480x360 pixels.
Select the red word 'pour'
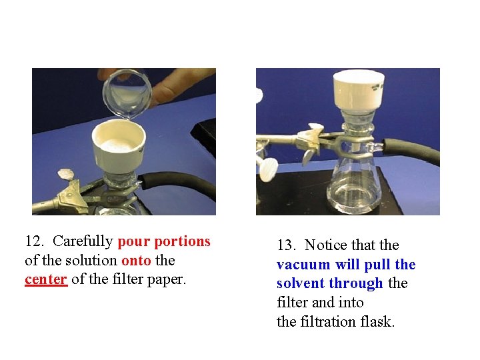[x=133, y=241]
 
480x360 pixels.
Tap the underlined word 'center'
[x=46, y=279]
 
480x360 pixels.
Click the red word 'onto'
[x=136, y=261]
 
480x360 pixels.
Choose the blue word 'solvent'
[x=301, y=284]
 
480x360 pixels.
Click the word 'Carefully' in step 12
[x=82, y=241]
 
